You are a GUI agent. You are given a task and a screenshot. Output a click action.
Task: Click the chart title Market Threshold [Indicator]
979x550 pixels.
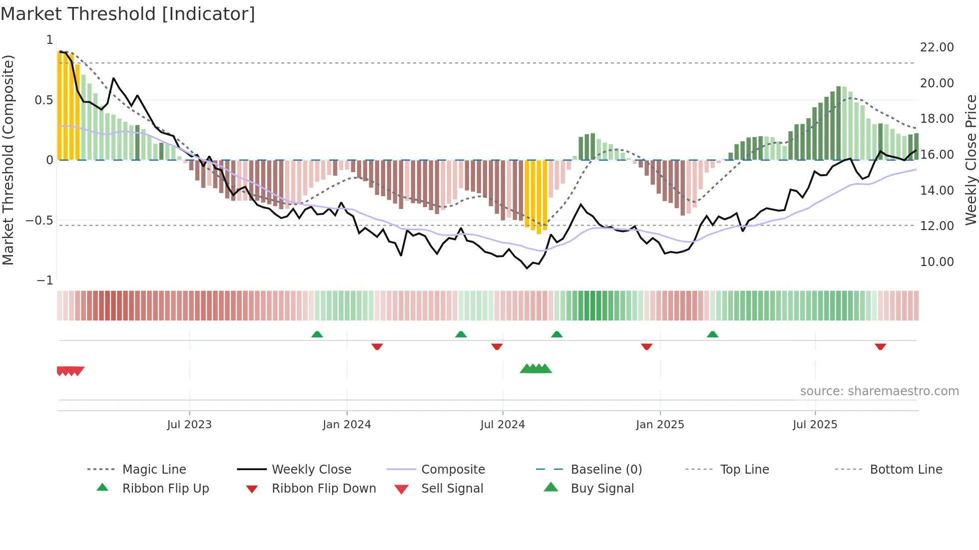(128, 14)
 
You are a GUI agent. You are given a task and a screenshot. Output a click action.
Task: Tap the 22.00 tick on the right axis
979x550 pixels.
(937, 47)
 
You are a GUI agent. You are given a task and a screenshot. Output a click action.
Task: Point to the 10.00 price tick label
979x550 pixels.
(937, 262)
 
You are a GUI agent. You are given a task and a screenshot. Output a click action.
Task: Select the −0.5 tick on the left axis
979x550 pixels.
(39, 221)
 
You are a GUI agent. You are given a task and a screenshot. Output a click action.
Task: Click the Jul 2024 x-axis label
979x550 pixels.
(502, 425)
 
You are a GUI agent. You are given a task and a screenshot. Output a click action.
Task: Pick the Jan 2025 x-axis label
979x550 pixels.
(660, 425)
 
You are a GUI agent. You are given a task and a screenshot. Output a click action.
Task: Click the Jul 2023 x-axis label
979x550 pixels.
(189, 425)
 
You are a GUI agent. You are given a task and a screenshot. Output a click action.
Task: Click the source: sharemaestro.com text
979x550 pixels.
(879, 391)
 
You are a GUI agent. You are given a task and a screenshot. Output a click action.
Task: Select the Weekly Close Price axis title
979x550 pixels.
(971, 160)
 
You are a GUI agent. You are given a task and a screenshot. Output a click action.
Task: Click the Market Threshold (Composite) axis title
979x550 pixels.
(8, 160)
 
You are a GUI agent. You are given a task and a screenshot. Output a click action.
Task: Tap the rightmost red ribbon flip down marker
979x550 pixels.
(880, 346)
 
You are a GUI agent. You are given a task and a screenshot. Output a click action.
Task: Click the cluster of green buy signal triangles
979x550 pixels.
(535, 369)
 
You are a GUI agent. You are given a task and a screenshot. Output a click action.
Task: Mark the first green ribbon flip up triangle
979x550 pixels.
(317, 334)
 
